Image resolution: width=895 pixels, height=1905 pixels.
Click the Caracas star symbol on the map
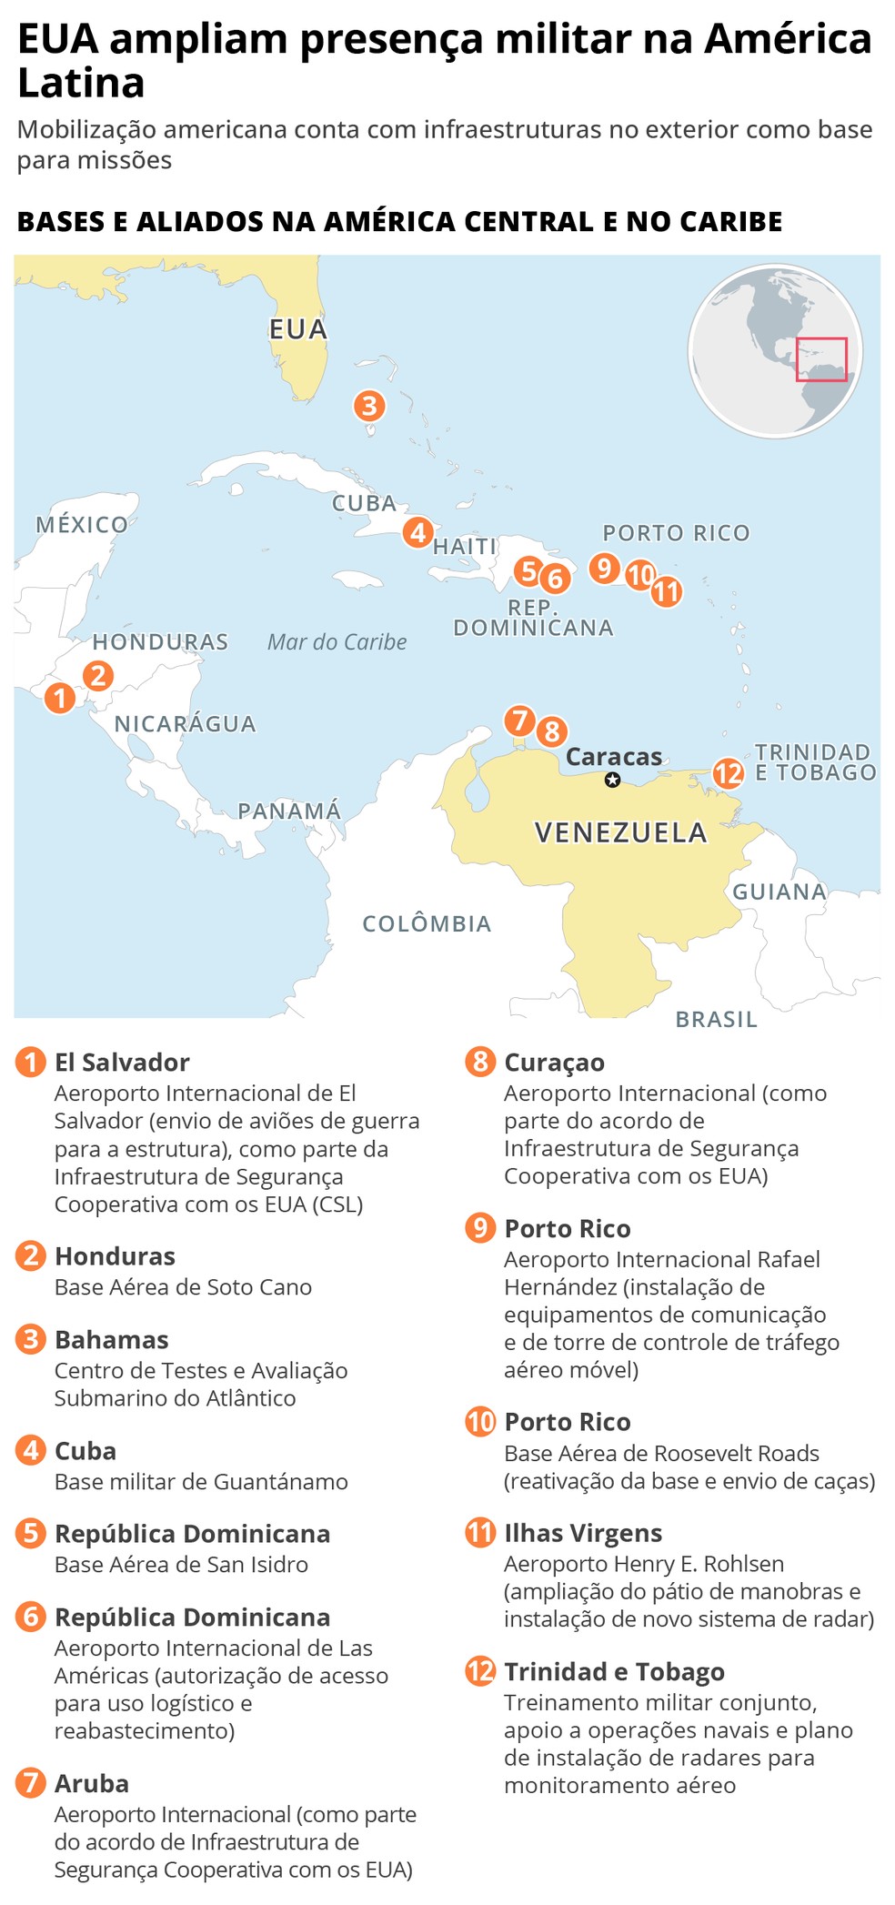[613, 780]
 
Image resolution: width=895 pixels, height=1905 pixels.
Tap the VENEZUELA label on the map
[620, 832]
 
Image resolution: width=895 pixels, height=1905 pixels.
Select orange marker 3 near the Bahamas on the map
[369, 405]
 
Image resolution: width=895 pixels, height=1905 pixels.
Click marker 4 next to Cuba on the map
[417, 531]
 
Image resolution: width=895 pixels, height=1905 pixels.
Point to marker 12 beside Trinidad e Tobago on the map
[728, 773]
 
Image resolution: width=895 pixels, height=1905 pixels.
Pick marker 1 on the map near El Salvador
[60, 698]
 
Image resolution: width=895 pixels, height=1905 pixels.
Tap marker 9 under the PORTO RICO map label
[604, 568]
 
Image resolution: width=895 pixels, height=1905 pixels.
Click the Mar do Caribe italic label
[337, 642]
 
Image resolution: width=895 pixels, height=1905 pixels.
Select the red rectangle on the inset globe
[821, 359]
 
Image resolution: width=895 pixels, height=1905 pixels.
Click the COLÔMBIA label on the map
[427, 923]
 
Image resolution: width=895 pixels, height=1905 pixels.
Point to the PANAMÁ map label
[289, 810]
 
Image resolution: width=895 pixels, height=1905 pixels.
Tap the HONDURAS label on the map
[160, 641]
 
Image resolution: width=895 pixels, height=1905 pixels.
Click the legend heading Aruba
[92, 1783]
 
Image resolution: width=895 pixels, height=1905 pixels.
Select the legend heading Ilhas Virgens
[583, 1533]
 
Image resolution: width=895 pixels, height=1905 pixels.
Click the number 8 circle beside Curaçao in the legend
[480, 1062]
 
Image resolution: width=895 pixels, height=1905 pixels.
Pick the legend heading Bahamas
[112, 1339]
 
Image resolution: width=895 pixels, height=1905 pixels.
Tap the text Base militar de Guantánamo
[201, 1482]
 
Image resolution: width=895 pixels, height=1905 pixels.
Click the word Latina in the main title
[82, 84]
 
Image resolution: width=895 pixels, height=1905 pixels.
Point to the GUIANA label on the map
[779, 892]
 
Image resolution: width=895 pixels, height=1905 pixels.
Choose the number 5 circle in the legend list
[31, 1533]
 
